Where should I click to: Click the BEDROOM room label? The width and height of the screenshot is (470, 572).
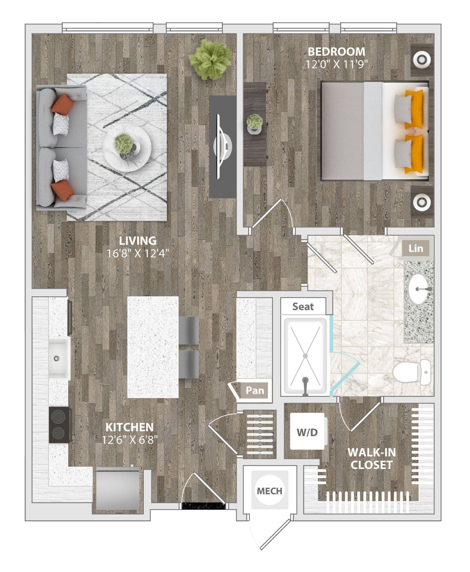[336, 51]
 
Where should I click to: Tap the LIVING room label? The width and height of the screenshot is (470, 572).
[138, 241]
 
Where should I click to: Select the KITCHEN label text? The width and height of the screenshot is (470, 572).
[129, 427]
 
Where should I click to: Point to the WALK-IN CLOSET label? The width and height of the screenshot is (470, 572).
[371, 459]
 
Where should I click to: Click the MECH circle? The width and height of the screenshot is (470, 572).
[269, 491]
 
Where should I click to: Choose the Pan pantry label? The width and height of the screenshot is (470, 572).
[255, 390]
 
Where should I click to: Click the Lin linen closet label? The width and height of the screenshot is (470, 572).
[416, 248]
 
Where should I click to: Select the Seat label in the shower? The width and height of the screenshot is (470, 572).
[303, 307]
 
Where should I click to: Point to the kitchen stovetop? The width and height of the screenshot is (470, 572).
[59, 425]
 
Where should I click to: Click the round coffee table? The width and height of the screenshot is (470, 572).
[127, 148]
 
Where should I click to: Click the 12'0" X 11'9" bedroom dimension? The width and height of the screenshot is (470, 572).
[336, 64]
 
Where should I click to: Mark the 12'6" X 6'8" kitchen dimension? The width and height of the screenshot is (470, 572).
[130, 440]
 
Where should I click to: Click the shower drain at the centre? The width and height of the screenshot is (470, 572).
[305, 356]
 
